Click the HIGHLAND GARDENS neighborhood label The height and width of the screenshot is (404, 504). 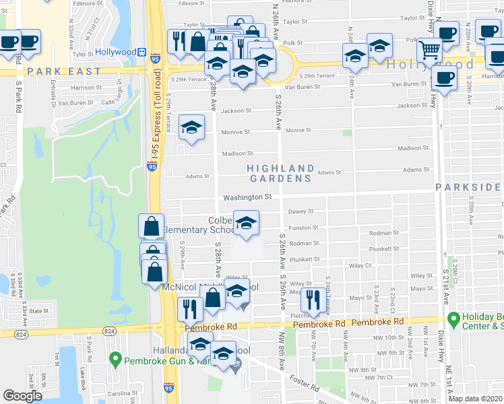pyautogui.click(x=280, y=173)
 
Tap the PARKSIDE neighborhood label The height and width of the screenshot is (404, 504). pyautogui.click(x=469, y=187)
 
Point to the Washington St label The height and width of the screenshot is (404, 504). pyautogui.click(x=247, y=197)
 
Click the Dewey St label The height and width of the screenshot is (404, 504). pyautogui.click(x=297, y=211)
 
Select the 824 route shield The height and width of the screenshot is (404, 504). pyautogui.click(x=110, y=331)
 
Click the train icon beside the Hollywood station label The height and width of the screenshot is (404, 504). pyautogui.click(x=142, y=52)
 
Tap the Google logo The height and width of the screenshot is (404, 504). pyautogui.click(x=23, y=396)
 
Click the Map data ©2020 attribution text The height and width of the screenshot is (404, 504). pyautogui.click(x=475, y=399)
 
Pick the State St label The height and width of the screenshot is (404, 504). pyautogui.click(x=39, y=311)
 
